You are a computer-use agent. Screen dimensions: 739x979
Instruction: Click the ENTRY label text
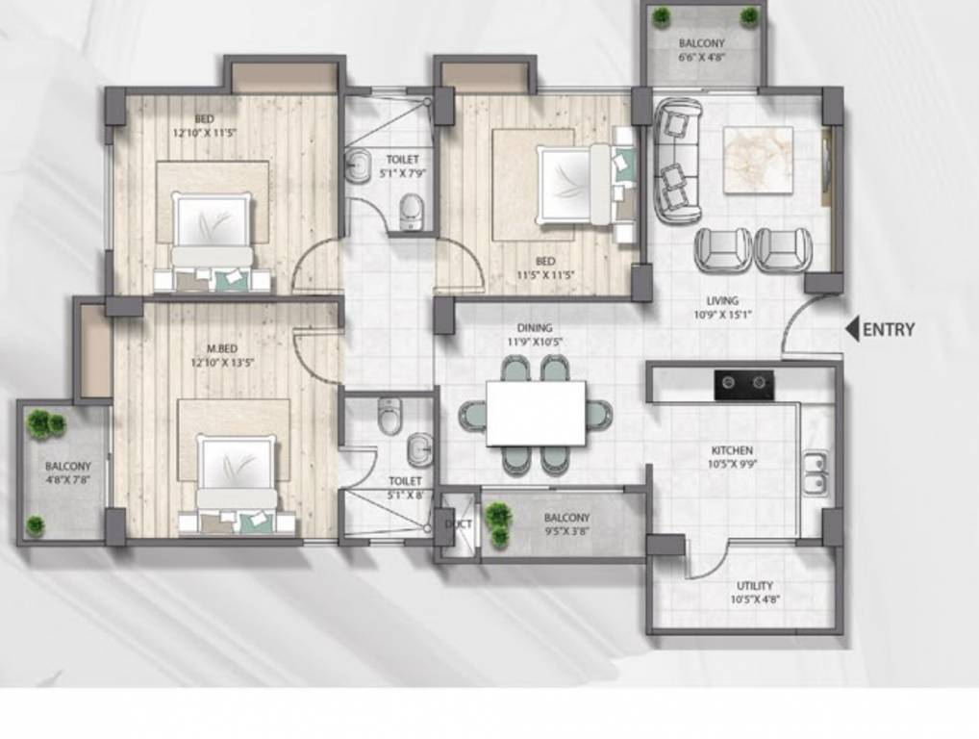[889, 330]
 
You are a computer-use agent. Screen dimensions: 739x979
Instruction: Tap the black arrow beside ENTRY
[852, 330]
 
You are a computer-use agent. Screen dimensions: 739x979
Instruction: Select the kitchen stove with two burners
[743, 385]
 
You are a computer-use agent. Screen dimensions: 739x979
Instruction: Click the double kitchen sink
[815, 473]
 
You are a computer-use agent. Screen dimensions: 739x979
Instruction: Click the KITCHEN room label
[732, 450]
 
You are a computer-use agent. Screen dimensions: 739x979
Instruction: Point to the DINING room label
[534, 328]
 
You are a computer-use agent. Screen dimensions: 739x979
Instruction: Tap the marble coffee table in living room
[758, 160]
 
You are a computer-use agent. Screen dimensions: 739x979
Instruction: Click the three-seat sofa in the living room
[677, 160]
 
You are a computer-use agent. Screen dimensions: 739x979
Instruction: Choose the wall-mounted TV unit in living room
[826, 166]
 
